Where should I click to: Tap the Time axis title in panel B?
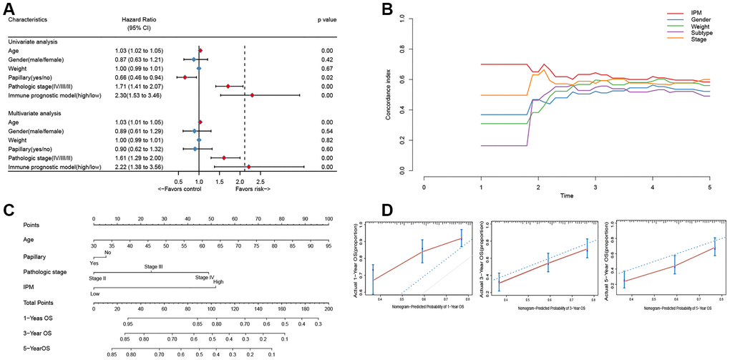(566, 195)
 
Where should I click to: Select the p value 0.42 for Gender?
(327, 59)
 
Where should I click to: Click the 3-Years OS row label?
(38, 333)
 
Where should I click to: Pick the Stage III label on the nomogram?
(154, 267)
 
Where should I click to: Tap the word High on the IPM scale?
(218, 283)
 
